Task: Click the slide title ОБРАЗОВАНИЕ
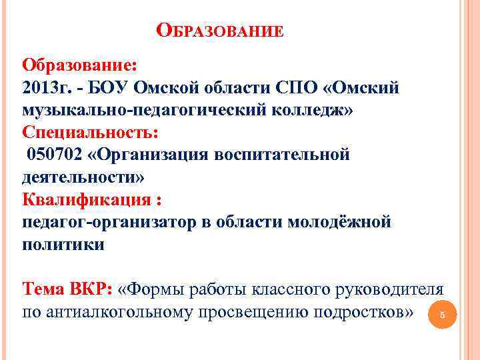pyautogui.click(x=220, y=31)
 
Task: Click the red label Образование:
pyautogui.click(x=80, y=67)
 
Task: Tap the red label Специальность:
pyautogui.click(x=91, y=133)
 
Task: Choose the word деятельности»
pyautogui.click(x=83, y=177)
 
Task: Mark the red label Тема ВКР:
pyautogui.click(x=67, y=289)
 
